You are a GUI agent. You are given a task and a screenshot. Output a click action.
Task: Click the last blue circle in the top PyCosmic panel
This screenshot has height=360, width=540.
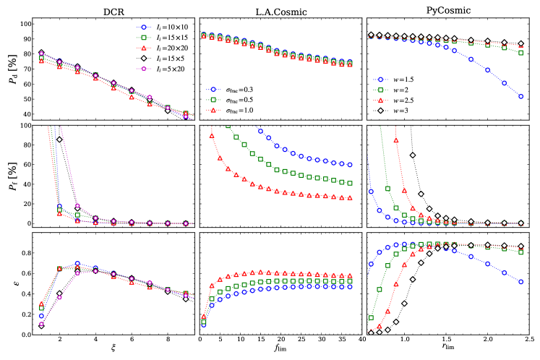[x=522, y=96]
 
